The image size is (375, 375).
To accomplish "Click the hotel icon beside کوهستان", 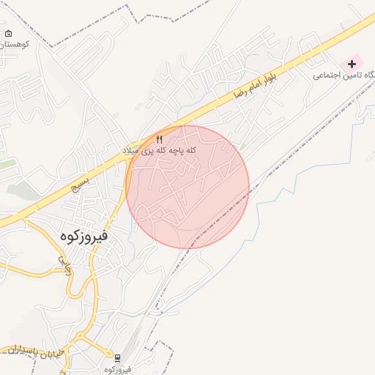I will (8, 34).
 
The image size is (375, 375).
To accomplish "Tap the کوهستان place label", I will (13, 45).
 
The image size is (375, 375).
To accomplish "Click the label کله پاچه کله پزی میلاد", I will (160, 149).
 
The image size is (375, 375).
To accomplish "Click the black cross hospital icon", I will (352, 64).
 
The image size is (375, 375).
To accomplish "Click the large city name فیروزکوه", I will (82, 236).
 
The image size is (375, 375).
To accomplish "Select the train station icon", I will (117, 357).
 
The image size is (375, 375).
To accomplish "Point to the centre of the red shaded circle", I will (187, 187).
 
